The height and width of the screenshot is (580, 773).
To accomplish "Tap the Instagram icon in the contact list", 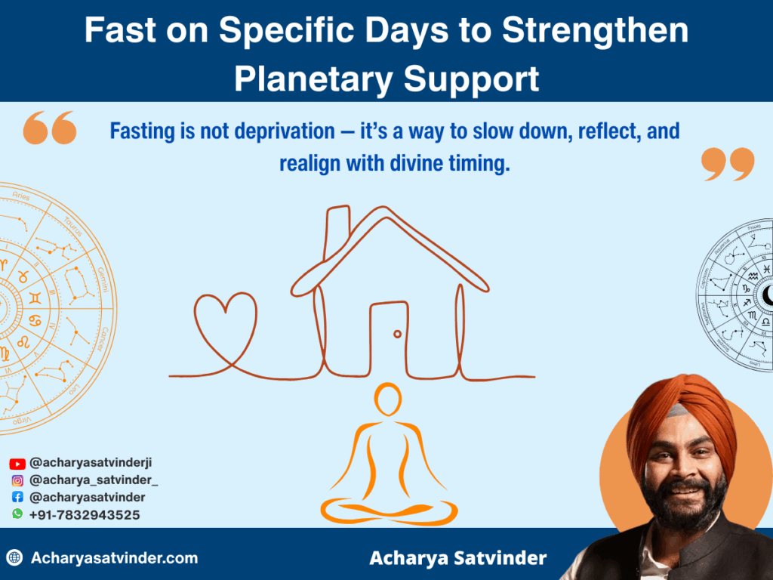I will tap(17, 480).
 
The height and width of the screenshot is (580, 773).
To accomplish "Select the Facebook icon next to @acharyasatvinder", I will tap(17, 497).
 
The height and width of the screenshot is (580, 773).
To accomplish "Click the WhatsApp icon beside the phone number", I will tap(17, 514).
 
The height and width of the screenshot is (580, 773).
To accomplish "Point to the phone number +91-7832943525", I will tap(85, 514).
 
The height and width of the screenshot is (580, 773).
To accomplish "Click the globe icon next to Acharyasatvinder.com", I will tap(14, 559).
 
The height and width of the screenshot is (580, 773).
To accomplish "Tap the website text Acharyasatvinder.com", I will tap(114, 559).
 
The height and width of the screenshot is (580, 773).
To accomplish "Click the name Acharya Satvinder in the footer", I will tap(457, 559).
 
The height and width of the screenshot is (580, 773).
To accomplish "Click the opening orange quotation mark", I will tap(50, 128).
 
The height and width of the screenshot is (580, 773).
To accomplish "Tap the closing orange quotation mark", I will tap(728, 163).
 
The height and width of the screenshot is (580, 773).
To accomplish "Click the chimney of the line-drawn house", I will tap(337, 227).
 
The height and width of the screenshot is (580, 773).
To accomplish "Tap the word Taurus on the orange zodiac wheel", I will tap(73, 225).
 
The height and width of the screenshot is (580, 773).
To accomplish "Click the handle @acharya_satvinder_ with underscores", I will tap(94, 480).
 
